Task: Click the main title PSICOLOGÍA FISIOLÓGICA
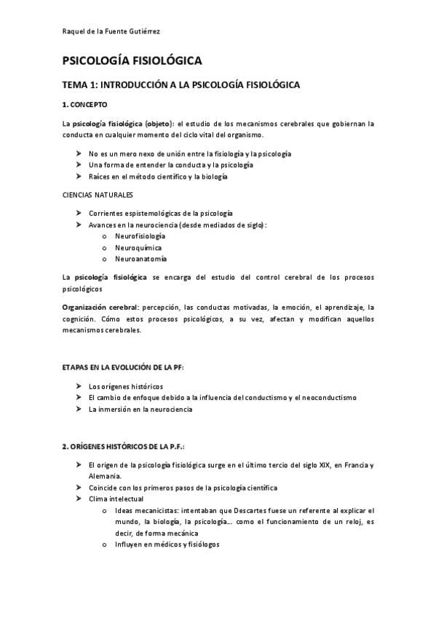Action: [x=132, y=62]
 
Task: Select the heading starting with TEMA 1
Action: [x=181, y=85]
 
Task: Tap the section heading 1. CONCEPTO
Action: [x=84, y=105]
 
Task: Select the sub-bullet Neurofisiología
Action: [x=140, y=236]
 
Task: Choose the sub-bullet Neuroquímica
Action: [x=137, y=247]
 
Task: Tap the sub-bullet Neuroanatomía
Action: [x=140, y=259]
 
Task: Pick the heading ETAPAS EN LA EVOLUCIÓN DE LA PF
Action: [x=123, y=367]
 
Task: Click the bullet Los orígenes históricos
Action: [x=126, y=386]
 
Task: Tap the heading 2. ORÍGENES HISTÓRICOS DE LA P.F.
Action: [x=128, y=445]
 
